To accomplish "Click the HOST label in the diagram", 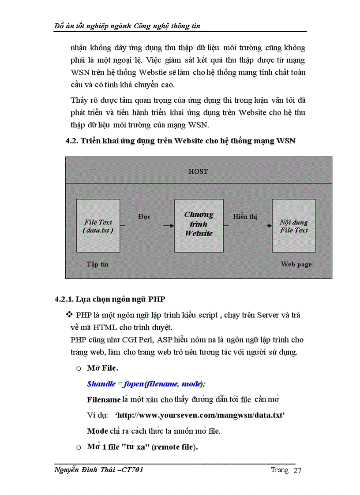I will [198, 171].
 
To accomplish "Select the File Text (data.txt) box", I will [98, 226].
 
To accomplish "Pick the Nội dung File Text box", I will [294, 226].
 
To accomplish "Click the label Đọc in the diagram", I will [144, 217].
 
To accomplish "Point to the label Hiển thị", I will [245, 216].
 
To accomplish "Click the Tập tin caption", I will [97, 264].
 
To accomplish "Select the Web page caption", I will [296, 264].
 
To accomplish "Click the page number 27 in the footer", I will [297, 471].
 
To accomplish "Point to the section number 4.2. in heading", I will [71, 141].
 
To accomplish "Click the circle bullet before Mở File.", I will [79, 368].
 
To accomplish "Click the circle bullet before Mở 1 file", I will [79, 447].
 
